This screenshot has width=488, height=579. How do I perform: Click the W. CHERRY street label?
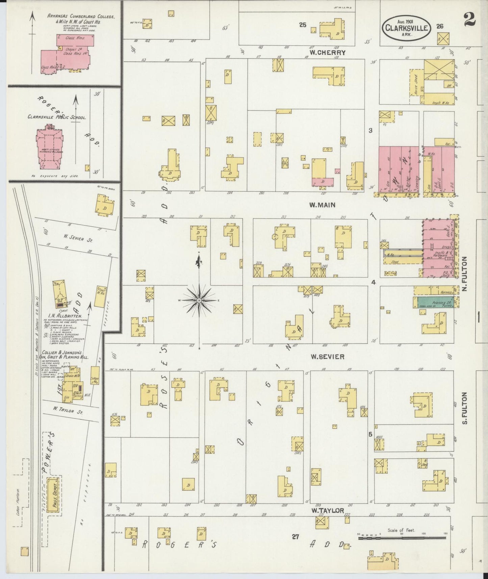328,52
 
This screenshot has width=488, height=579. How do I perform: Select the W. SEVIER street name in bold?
327,357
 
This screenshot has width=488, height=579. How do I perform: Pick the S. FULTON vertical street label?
465,408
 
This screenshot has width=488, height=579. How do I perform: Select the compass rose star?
199,300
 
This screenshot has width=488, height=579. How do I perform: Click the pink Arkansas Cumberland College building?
68,54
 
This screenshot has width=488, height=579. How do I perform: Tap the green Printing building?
436,302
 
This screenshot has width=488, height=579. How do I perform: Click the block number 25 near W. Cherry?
302,25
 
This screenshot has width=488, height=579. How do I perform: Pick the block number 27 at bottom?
296,536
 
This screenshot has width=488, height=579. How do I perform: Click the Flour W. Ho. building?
101,297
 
